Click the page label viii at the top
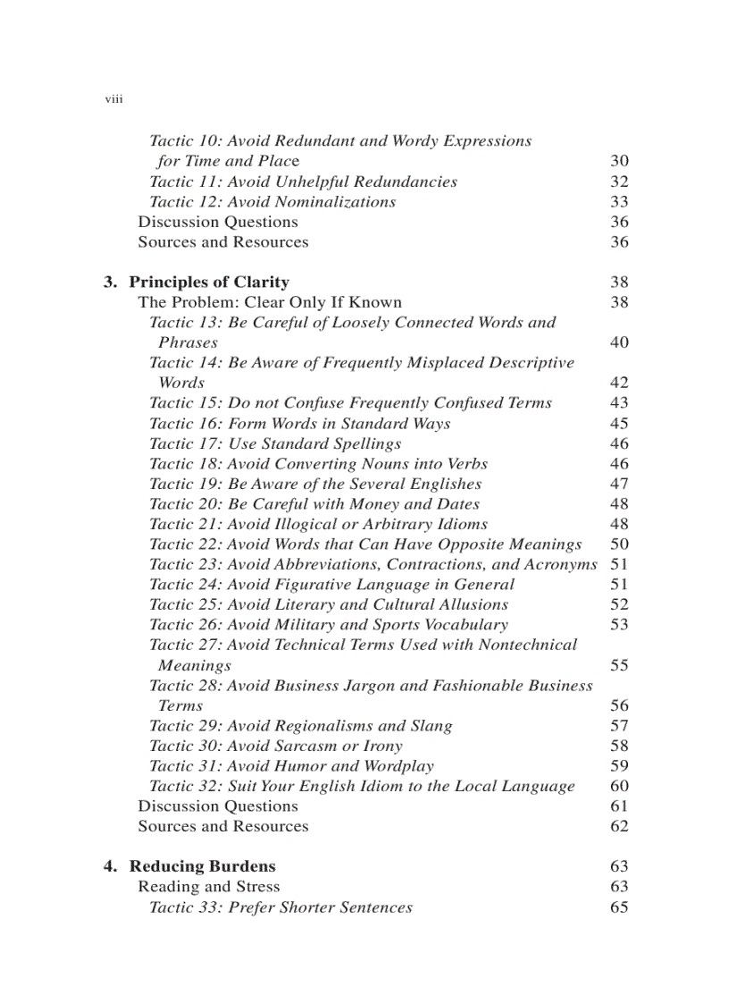[x=113, y=100]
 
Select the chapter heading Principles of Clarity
[x=209, y=283]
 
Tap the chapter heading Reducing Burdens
[x=202, y=866]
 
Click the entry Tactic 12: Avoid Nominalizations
[x=272, y=202]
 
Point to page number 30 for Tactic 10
[x=619, y=162]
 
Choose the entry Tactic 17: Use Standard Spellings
[x=275, y=443]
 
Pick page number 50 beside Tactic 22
[x=619, y=544]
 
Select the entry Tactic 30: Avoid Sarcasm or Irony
[x=275, y=746]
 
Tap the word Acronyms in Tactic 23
[x=561, y=564]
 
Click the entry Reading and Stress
[x=208, y=887]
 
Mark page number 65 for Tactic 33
[x=619, y=907]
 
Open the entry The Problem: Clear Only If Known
[x=270, y=302]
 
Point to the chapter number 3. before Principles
[x=110, y=283]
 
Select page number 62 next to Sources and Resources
[x=619, y=826]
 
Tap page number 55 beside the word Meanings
[x=619, y=665]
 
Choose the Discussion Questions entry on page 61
[x=218, y=806]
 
